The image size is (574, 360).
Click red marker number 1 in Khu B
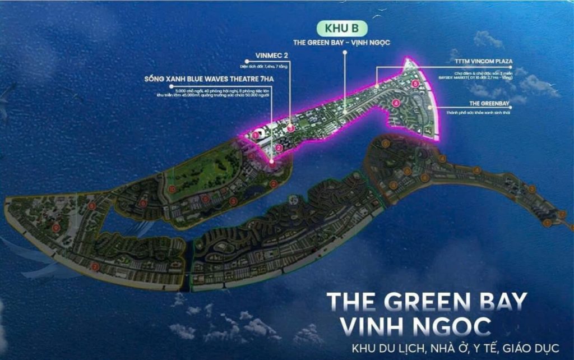click(256, 135)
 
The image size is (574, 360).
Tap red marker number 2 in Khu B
click(272, 162)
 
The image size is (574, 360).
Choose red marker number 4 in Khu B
click(396, 103)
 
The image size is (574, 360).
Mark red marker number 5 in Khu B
click(415, 84)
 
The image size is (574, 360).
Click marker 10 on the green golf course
click(172, 189)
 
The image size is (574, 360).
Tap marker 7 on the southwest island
click(95, 267)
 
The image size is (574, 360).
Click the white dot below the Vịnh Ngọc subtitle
click(346, 53)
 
